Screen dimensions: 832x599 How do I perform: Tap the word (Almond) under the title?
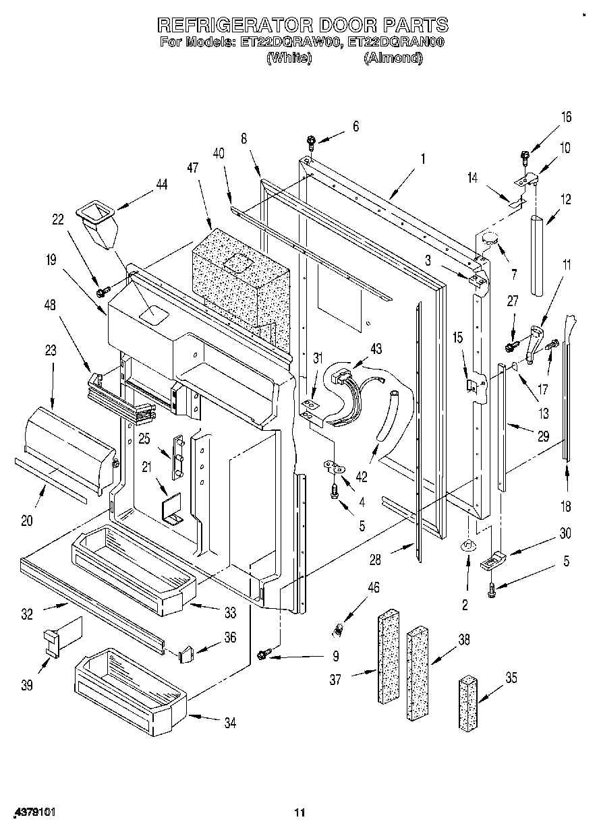[393, 59]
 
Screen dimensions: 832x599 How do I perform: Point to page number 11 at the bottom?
[300, 813]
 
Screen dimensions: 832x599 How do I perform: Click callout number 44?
[162, 184]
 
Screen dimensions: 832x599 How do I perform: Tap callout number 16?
[565, 117]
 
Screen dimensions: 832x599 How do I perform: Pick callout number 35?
[511, 678]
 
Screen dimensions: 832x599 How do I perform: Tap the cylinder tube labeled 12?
[538, 255]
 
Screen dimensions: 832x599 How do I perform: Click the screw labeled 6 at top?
[311, 142]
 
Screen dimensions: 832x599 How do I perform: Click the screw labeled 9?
[264, 653]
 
